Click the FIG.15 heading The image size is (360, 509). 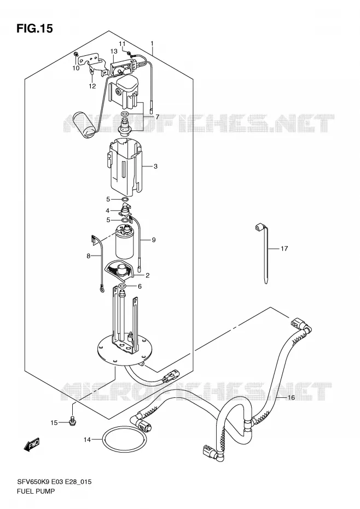(34, 28)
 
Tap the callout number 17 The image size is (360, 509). (284, 248)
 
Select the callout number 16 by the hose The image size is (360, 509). (291, 397)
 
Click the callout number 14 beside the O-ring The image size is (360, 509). (88, 440)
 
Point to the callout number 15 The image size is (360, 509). (54, 423)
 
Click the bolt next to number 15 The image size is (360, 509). (72, 421)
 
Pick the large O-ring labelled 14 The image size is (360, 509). (124, 440)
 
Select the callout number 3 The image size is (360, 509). (156, 166)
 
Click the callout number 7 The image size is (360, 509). (157, 117)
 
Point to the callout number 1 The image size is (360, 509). (152, 43)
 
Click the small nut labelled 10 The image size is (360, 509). (76, 54)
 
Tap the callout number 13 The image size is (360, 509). (114, 51)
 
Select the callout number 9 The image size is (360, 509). (154, 240)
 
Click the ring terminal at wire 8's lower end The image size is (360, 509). (102, 288)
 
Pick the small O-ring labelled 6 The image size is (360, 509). (123, 286)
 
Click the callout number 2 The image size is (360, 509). (147, 276)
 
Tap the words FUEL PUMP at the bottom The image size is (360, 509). (36, 491)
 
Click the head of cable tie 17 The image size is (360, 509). (259, 227)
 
